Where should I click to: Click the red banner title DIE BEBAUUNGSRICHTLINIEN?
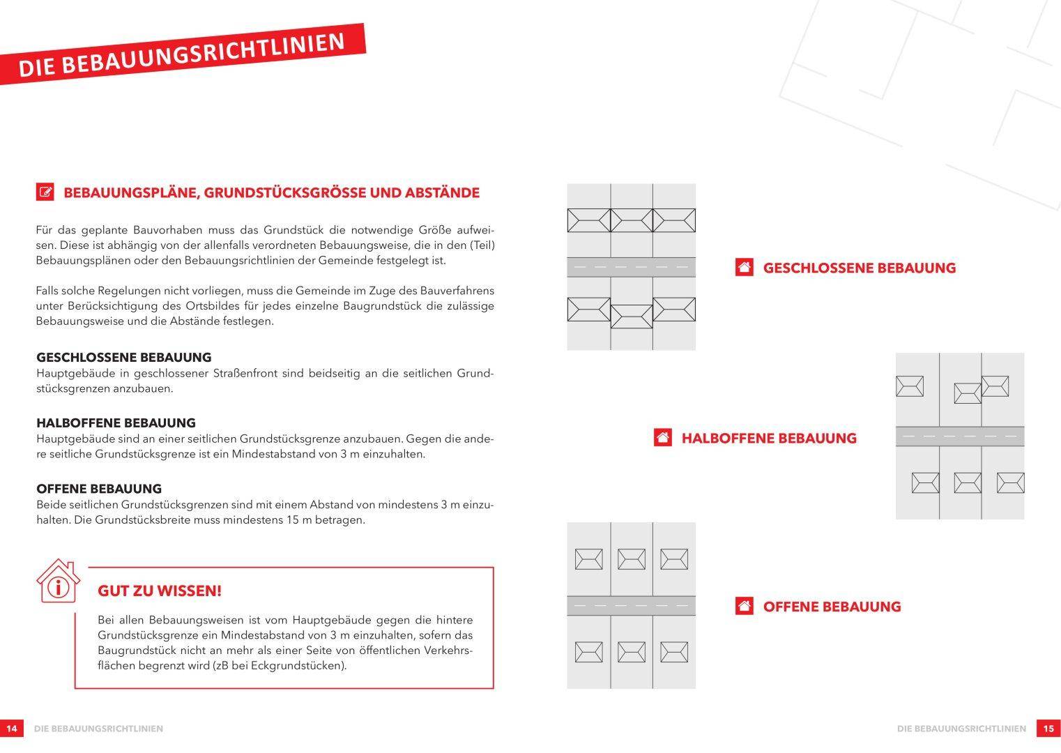click(181, 54)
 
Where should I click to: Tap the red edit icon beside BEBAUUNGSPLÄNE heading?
click(45, 192)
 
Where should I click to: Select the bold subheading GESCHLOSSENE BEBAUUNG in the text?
click(123, 358)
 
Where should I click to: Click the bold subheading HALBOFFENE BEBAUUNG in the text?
click(116, 423)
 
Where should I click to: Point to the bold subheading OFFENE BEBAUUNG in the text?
click(99, 489)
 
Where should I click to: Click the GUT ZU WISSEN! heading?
click(160, 591)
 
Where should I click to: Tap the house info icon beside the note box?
click(58, 581)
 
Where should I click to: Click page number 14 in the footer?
click(11, 729)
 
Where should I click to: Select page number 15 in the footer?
click(1048, 729)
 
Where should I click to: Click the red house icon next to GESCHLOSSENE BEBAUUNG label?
click(744, 268)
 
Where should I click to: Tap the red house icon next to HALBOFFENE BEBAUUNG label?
click(662, 438)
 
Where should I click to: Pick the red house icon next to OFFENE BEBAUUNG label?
click(744, 607)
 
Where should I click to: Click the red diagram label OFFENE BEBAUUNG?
click(832, 607)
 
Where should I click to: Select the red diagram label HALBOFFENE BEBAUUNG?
click(768, 438)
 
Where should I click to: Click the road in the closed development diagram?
click(631, 267)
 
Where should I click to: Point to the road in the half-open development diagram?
click(959, 436)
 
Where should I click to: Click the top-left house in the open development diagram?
click(588, 559)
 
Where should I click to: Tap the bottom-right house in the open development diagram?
click(673, 653)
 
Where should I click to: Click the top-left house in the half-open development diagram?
click(909, 386)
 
